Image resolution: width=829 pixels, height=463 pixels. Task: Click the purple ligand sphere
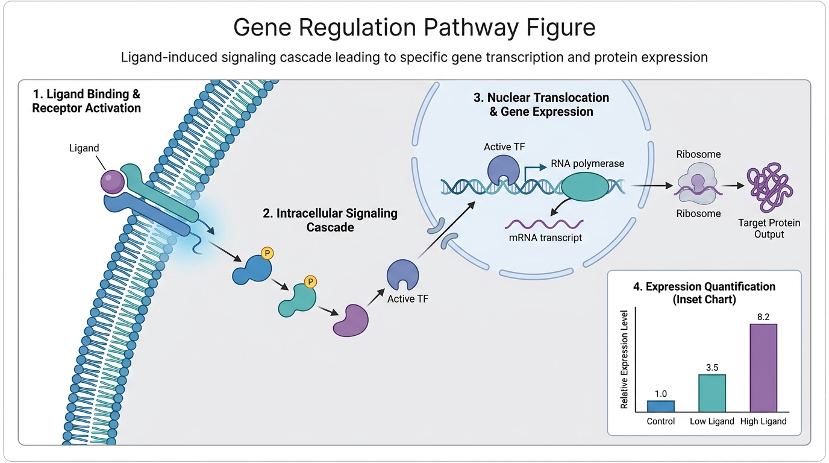click(113, 181)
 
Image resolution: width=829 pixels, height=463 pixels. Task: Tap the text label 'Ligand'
click(84, 148)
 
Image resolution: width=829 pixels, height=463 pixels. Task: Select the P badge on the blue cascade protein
click(267, 253)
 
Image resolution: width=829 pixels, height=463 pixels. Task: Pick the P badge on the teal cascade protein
click(310, 282)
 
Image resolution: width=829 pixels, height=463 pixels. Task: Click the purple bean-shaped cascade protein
click(351, 321)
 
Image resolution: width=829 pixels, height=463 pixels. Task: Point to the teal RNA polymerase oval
click(585, 187)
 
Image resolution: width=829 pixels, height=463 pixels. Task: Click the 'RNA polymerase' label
click(587, 163)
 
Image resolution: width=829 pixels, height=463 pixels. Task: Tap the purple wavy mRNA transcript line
click(544, 224)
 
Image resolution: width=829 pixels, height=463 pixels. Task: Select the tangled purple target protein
click(770, 187)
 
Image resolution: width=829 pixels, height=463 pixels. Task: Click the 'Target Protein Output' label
click(769, 228)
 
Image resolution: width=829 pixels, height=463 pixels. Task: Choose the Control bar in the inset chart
click(660, 406)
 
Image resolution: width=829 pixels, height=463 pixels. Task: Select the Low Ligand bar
click(712, 393)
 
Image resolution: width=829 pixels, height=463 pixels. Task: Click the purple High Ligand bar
click(763, 368)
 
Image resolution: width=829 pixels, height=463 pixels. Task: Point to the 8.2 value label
click(763, 317)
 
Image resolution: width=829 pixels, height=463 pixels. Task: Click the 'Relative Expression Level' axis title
click(624, 359)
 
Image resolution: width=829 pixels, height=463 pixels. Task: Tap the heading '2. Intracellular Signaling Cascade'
click(330, 220)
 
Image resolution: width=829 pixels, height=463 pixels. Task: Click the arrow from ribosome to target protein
click(733, 186)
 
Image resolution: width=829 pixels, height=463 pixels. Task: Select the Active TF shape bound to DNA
click(503, 170)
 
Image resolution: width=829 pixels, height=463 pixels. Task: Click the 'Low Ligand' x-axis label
click(712, 421)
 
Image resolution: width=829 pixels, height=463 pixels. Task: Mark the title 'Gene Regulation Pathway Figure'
click(414, 27)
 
